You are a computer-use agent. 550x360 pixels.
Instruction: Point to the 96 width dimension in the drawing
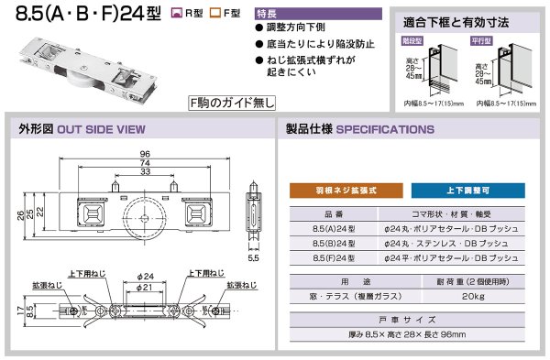pyautogui.click(x=145, y=154)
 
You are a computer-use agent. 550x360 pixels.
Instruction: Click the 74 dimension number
pyautogui.click(x=145, y=163)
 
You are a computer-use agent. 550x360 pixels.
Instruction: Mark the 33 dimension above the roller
pyautogui.click(x=145, y=172)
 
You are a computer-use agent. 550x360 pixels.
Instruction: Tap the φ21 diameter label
pyautogui.click(x=145, y=288)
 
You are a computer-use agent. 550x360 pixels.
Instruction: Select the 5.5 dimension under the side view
pyautogui.click(x=255, y=259)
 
